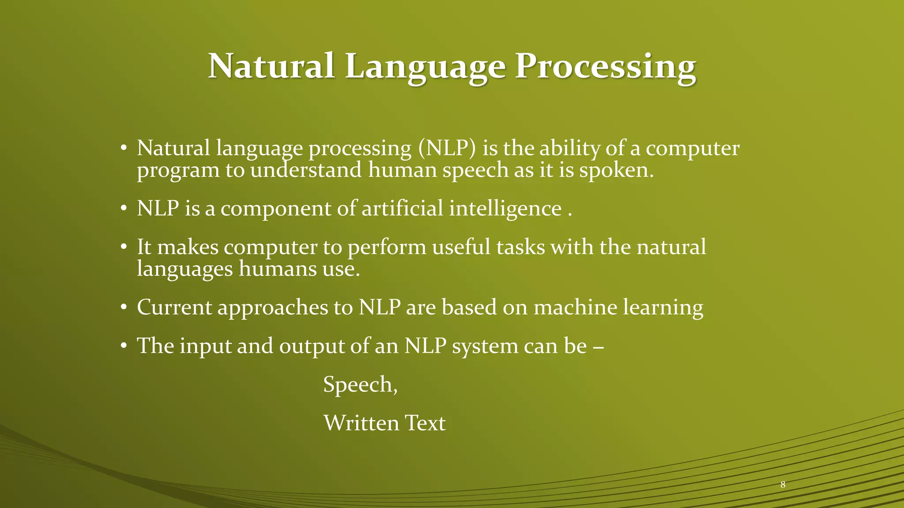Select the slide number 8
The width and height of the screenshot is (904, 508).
coord(783,485)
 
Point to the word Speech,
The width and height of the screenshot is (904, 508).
coord(360,384)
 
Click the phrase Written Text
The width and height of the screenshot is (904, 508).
coord(384,423)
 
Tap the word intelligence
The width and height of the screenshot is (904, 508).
coord(505,208)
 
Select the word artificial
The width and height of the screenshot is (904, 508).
coord(402,208)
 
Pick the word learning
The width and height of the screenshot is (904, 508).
coord(663,307)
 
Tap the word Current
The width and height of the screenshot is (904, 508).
coord(174,307)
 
